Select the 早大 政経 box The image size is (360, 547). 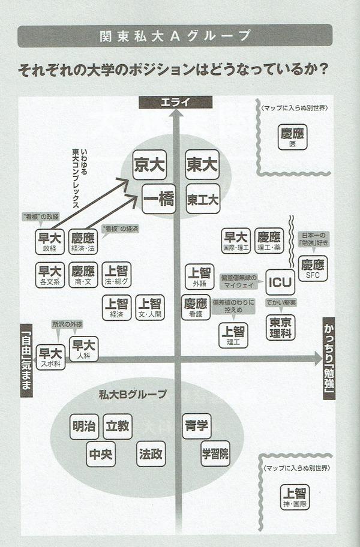[x=50, y=242]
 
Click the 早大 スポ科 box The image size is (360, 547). [x=50, y=356]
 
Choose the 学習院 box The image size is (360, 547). [x=214, y=453]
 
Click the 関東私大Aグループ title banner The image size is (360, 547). [x=175, y=35]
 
